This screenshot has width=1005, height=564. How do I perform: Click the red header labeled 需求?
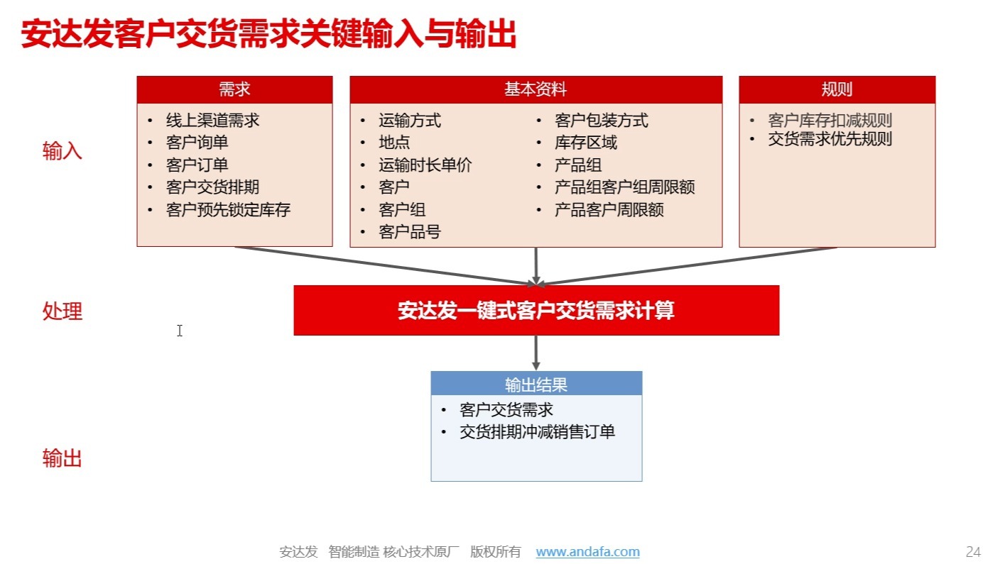234,89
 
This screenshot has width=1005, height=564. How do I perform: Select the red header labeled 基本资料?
536,89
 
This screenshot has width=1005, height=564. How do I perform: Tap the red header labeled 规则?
837,89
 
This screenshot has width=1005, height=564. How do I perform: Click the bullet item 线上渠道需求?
212,121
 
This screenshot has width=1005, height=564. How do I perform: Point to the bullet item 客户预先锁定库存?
228,210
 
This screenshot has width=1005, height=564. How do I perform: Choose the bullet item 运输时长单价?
425,165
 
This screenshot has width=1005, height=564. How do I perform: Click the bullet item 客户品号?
410,232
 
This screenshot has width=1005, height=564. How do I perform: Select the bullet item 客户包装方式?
601,121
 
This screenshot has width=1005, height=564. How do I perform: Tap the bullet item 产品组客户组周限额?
624,187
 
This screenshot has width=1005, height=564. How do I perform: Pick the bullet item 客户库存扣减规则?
830,121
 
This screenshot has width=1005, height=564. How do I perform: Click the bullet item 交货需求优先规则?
830,139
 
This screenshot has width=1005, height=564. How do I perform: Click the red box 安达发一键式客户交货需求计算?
536,310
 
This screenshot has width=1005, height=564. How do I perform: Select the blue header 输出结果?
536,385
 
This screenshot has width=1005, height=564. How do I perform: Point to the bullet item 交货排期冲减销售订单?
537,432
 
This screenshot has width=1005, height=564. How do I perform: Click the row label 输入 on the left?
63,151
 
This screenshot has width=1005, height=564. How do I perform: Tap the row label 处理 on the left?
63,311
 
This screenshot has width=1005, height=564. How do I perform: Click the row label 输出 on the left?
63,459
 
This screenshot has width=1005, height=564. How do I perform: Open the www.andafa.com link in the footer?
587,552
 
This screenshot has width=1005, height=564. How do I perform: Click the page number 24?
973,552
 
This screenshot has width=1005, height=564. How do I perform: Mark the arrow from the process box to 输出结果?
536,353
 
